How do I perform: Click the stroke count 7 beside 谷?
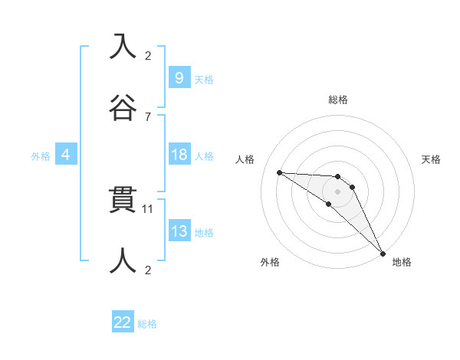tap(148, 116)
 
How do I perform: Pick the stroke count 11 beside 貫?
tap(149, 208)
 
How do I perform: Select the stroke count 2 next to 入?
tap(148, 56)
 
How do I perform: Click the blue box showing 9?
tap(179, 78)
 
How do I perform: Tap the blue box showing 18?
tap(179, 155)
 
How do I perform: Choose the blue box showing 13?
tap(179, 231)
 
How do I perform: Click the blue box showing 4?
tap(66, 155)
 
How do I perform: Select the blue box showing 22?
tap(123, 322)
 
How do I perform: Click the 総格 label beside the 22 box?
tap(147, 324)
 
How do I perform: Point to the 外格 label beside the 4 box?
tap(41, 156)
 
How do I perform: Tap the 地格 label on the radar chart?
tap(402, 262)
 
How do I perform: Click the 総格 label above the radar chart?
tap(338, 100)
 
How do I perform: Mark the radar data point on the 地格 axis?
tap(383, 253)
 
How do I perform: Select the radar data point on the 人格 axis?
tap(280, 172)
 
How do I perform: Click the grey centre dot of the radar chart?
tap(338, 191)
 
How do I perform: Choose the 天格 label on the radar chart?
tap(432, 159)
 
